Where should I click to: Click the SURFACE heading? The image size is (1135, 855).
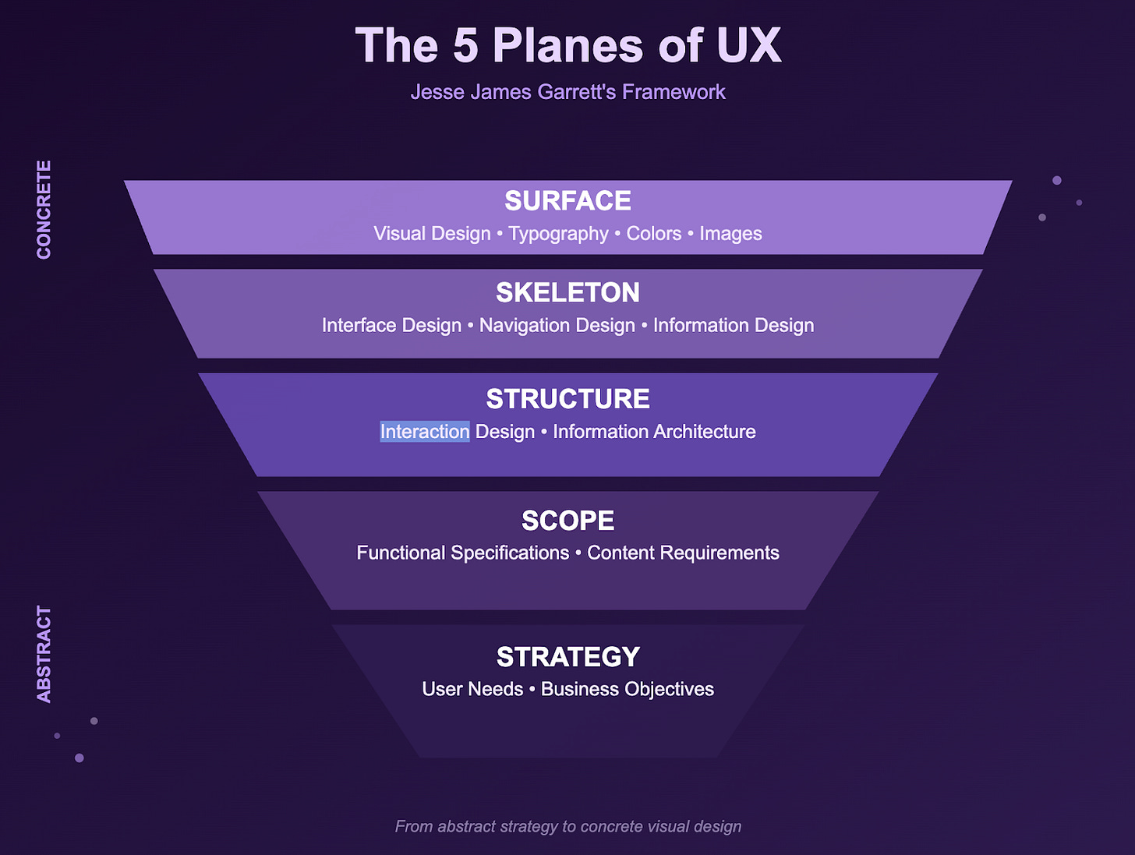pyautogui.click(x=567, y=201)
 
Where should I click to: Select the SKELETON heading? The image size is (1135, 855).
pyautogui.click(x=567, y=293)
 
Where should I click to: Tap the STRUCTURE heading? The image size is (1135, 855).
pyautogui.click(x=567, y=399)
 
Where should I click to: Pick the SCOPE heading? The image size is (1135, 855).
pyautogui.click(x=567, y=521)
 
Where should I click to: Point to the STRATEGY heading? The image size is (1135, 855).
pyautogui.click(x=567, y=657)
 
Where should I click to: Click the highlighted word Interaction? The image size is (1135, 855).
pyautogui.click(x=425, y=432)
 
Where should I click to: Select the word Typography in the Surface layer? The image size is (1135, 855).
pyautogui.click(x=558, y=234)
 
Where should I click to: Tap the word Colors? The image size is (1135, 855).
pyautogui.click(x=654, y=234)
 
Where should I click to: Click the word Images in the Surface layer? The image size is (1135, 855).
pyautogui.click(x=730, y=234)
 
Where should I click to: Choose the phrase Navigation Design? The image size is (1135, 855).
pyautogui.click(x=557, y=326)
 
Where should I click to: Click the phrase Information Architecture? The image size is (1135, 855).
pyautogui.click(x=654, y=432)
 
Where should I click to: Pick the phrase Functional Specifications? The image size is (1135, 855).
pyautogui.click(x=462, y=553)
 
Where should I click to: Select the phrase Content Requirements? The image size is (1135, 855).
pyautogui.click(x=683, y=553)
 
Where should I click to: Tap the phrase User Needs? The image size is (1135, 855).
pyautogui.click(x=472, y=690)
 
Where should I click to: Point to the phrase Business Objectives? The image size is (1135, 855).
pyautogui.click(x=628, y=690)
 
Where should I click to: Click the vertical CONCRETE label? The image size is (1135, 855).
pyautogui.click(x=44, y=210)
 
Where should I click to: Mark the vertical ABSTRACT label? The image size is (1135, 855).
pyautogui.click(x=44, y=654)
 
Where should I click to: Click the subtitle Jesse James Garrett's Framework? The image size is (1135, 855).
pyautogui.click(x=567, y=92)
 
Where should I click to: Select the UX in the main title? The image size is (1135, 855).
pyautogui.click(x=748, y=45)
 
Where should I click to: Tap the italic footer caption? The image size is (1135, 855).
pyautogui.click(x=567, y=826)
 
